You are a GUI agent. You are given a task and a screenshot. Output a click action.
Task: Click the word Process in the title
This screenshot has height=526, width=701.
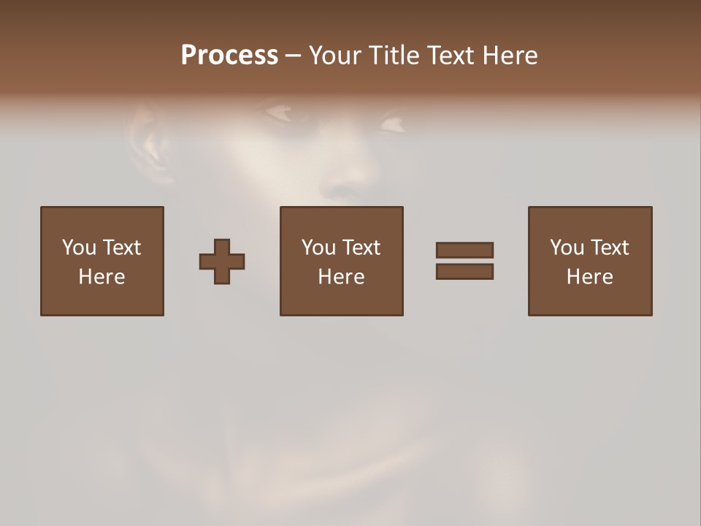pyautogui.click(x=229, y=56)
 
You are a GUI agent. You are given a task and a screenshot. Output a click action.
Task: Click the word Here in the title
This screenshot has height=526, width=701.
pyautogui.click(x=510, y=56)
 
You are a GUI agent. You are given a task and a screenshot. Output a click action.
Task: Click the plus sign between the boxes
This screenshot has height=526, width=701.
pyautogui.click(x=222, y=261)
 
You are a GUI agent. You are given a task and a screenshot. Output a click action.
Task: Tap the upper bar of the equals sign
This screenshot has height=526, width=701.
pyautogui.click(x=464, y=250)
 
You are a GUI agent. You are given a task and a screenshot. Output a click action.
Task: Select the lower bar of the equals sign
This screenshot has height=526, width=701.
pyautogui.click(x=464, y=271)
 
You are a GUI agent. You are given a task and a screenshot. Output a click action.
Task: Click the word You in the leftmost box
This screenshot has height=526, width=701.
pyautogui.click(x=79, y=248)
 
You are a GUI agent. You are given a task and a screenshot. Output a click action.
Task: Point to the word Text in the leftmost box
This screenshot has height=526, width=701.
pyautogui.click(x=120, y=248)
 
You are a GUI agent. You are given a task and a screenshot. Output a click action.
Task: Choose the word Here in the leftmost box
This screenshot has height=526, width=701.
pyautogui.click(x=101, y=277)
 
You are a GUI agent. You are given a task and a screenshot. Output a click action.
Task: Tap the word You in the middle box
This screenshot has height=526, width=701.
pyautogui.click(x=318, y=248)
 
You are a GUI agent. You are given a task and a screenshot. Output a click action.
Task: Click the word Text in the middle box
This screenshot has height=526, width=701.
pyautogui.click(x=360, y=248)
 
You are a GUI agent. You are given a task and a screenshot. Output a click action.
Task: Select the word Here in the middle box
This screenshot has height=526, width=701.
pyautogui.click(x=341, y=277)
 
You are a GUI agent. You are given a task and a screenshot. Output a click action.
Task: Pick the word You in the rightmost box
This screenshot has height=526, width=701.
pyautogui.click(x=567, y=248)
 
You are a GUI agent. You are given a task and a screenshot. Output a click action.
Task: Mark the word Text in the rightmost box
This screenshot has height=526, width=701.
pyautogui.click(x=608, y=248)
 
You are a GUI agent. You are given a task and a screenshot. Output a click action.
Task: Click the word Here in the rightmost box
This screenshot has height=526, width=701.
pyautogui.click(x=589, y=277)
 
